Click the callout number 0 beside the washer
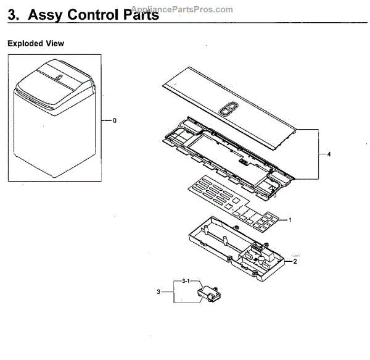(115, 120)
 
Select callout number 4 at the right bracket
(329, 154)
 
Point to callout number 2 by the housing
(295, 261)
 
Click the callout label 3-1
(185, 281)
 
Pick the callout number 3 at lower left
(158, 291)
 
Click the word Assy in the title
(51, 15)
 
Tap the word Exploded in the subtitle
(25, 44)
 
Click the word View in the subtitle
(54, 44)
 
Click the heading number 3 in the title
(12, 15)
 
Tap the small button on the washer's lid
(56, 78)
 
